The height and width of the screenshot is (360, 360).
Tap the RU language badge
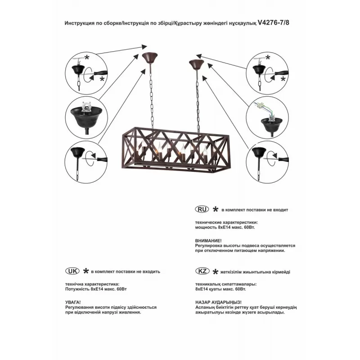[202, 210]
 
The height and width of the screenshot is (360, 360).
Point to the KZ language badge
[202, 271]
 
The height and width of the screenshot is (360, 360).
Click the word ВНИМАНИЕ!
[209, 241]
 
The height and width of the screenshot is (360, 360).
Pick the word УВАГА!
[73, 301]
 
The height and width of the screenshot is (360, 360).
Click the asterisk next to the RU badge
[216, 210]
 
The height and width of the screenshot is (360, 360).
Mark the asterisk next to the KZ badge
[216, 271]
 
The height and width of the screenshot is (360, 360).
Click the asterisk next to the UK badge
[85, 271]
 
